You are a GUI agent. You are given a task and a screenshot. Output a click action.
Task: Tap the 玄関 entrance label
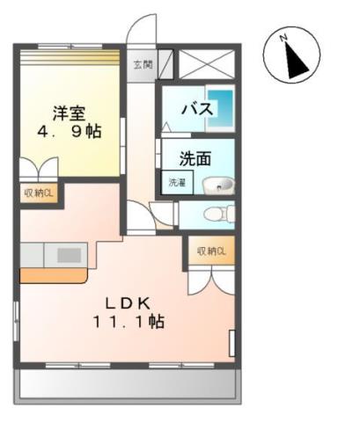point(143,64)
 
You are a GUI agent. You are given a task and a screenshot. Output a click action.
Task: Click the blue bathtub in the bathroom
point(224,108)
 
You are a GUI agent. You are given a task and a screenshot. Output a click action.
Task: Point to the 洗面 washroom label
point(195,159)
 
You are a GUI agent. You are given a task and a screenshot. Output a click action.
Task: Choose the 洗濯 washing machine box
point(177,183)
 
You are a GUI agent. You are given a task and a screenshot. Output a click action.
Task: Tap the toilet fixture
point(216,214)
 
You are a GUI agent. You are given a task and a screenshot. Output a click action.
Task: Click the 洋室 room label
point(68,113)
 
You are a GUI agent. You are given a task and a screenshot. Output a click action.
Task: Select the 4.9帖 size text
point(68,132)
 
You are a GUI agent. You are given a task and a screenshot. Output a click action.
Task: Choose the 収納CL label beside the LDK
point(211,251)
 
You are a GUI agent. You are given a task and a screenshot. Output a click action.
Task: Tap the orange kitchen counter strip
point(53,274)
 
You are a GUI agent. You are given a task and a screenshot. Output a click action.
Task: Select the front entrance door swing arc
point(141,28)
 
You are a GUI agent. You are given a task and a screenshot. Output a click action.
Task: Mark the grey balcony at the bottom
point(128,383)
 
